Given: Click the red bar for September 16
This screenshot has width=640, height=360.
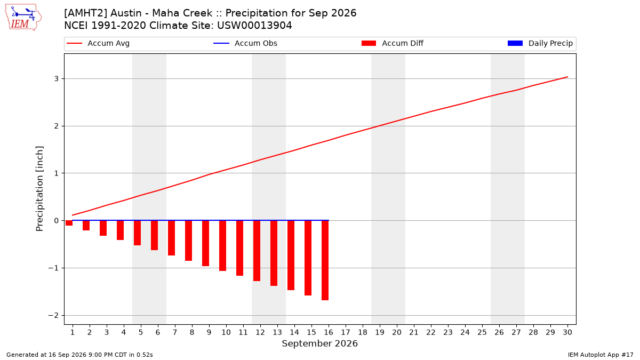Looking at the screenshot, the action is tap(325, 260).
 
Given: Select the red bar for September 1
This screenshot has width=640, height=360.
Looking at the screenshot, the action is tap(69, 223).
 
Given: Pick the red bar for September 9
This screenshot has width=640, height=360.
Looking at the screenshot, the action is tap(206, 243).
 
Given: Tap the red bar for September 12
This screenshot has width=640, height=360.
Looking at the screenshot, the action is tap(257, 251).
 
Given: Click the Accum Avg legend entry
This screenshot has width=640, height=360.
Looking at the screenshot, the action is tap(98, 43).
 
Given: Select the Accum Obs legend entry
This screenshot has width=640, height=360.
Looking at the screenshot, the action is tap(245, 43).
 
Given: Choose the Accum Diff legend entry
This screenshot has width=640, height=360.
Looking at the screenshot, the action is tap(393, 43).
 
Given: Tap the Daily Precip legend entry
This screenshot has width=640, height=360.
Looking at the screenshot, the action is tap(540, 43).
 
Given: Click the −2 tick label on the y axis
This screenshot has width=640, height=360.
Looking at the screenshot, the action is tap(53, 315).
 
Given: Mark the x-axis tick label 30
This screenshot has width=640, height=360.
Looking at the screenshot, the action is tap(567, 332).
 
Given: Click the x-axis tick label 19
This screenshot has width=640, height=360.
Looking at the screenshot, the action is tap(380, 332).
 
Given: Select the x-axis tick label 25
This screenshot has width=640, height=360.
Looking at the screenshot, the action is tap(482, 332).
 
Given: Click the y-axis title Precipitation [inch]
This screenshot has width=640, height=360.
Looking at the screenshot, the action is tap(39, 189).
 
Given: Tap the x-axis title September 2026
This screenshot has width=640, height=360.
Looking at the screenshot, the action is tap(319, 343).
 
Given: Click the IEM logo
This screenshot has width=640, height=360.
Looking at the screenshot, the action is tap(23, 18).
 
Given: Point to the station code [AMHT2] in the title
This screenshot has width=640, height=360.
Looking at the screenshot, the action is tap(86, 13).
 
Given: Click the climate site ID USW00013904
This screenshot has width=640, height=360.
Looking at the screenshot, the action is tap(254, 26).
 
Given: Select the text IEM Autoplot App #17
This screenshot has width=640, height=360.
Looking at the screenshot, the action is tap(601, 355).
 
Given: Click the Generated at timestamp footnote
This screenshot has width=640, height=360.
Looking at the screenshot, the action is tap(79, 355).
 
